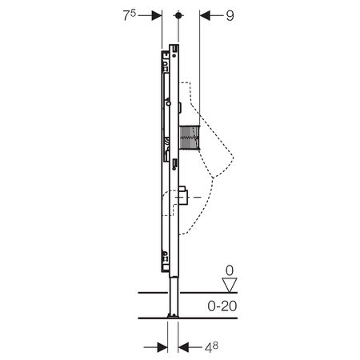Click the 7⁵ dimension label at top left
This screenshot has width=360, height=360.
point(130,15)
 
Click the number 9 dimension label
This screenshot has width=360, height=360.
point(230,16)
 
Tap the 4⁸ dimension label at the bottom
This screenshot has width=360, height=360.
point(211,347)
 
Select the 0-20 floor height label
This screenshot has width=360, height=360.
point(222,306)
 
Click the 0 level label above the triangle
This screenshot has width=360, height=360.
point(230,270)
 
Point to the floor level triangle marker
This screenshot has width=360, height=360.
point(230,285)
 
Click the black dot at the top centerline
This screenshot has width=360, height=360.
point(178,15)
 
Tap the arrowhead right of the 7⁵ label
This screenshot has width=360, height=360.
point(157,15)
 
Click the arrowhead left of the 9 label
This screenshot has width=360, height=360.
point(205,15)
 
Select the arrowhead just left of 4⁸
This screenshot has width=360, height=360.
point(183,347)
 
